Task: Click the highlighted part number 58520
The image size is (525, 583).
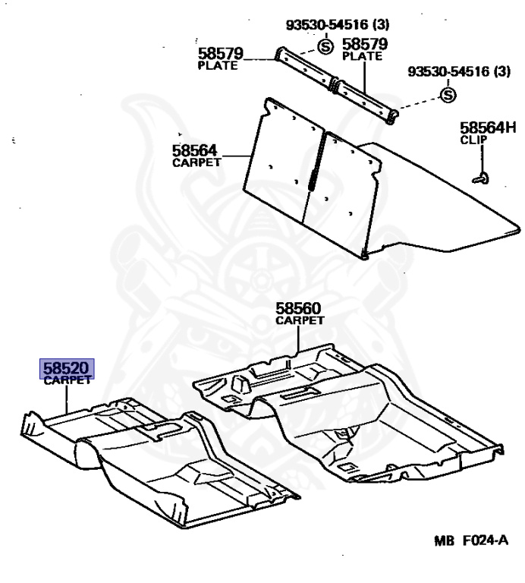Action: [67, 369]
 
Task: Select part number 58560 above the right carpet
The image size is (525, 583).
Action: [298, 309]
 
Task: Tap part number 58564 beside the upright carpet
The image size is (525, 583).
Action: [196, 150]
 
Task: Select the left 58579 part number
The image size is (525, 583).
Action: [221, 54]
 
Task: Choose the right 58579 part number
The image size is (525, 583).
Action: [365, 44]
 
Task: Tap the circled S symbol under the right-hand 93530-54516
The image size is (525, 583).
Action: [448, 95]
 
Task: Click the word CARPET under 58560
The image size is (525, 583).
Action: [300, 320]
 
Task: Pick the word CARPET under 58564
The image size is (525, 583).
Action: [197, 162]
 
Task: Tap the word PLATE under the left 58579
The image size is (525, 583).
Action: [218, 66]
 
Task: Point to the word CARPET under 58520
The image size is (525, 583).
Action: [67, 381]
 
